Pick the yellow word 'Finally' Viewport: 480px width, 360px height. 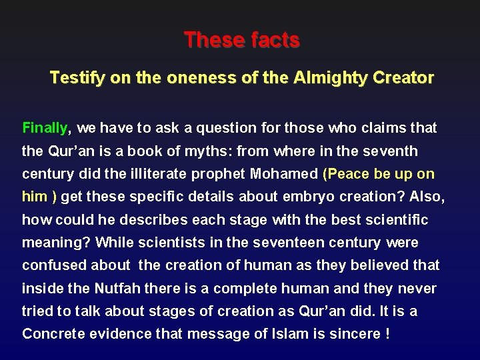point(45,127)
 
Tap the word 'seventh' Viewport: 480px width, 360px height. point(407,151)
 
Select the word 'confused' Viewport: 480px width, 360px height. point(51,265)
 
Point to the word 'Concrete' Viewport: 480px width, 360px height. point(51,334)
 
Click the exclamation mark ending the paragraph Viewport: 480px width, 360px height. point(388,334)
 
